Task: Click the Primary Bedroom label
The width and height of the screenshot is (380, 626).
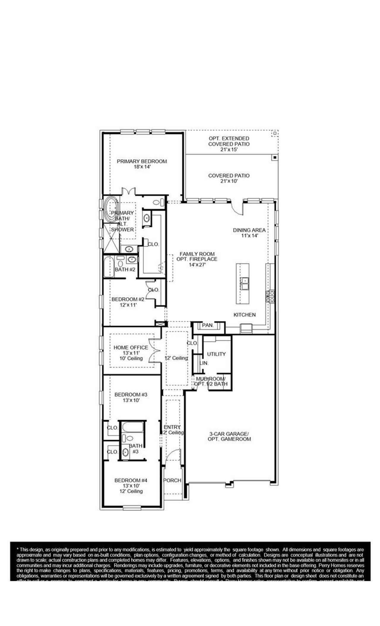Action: (142, 164)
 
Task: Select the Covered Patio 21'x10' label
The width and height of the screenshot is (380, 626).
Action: (229, 178)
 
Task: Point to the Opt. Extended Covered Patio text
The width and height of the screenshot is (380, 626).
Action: (229, 144)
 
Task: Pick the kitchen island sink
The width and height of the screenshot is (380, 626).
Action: (245, 284)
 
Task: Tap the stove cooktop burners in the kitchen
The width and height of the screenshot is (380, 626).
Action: (270, 297)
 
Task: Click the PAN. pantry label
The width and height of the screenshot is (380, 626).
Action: (208, 325)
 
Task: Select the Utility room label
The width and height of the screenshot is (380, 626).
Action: (216, 354)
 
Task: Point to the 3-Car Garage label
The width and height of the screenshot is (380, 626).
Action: (229, 436)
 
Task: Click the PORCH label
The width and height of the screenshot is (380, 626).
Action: (172, 480)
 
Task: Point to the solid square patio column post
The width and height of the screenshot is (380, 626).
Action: (275, 157)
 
